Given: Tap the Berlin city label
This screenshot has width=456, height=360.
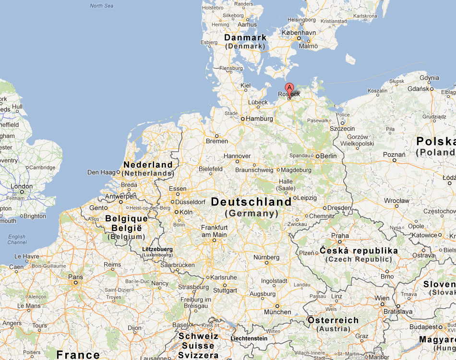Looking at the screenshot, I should (x=329, y=156).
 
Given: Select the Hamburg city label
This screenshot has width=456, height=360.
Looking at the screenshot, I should (x=260, y=119).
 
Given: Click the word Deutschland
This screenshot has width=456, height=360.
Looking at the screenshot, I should (x=251, y=202).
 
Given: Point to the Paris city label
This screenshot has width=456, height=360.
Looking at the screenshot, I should (x=75, y=277).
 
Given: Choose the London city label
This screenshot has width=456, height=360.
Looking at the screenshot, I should (x=22, y=186).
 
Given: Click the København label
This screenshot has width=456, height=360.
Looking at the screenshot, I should (x=299, y=33).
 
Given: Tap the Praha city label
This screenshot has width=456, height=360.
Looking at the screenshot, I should (x=340, y=236).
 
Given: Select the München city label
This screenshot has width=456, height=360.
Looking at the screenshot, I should (x=277, y=312).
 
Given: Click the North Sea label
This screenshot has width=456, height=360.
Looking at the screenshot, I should (x=101, y=6).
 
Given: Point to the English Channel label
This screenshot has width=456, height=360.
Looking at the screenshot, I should (x=17, y=240).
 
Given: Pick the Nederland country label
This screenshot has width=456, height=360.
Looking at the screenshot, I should (x=148, y=165).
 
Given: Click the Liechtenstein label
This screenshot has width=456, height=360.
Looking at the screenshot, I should (x=249, y=338).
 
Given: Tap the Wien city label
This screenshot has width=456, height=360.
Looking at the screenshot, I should (x=382, y=298).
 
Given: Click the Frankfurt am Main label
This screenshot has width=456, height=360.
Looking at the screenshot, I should (x=214, y=231).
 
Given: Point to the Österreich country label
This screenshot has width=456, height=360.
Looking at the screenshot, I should (x=333, y=320).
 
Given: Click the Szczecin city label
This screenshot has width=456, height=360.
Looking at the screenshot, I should (x=342, y=129).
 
